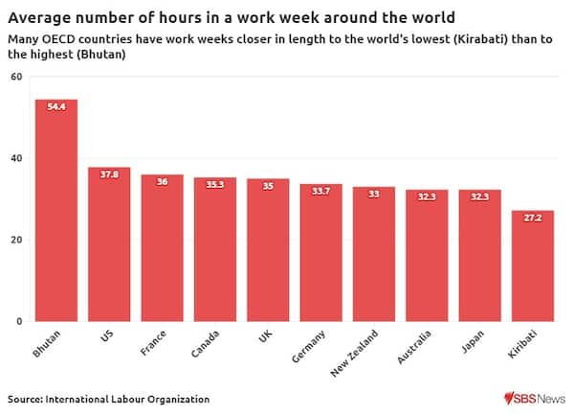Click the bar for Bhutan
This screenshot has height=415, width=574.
point(56,210)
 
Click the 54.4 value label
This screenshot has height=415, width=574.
point(56,107)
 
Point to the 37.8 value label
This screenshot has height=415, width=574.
point(109,175)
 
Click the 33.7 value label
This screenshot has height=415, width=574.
point(320,192)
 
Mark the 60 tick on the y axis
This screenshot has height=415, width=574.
point(16,77)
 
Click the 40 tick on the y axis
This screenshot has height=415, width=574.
point(16,158)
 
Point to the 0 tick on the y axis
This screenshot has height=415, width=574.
point(19,321)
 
